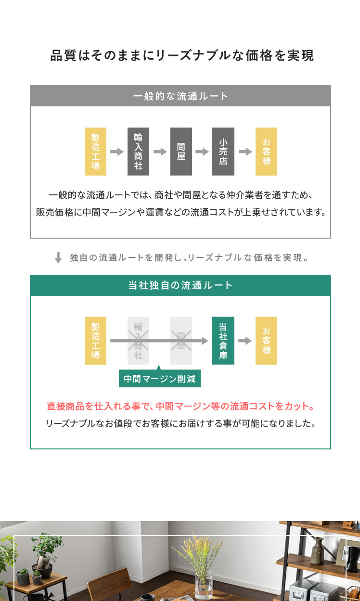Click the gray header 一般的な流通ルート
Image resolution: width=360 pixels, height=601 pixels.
(x=180, y=96)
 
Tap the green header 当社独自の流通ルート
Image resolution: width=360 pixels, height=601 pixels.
(x=180, y=285)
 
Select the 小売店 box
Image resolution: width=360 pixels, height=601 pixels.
(x=223, y=152)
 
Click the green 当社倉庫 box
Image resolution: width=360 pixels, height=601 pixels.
(x=223, y=341)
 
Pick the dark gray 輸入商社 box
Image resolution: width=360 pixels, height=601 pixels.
(x=138, y=152)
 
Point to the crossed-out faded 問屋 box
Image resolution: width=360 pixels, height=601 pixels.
(x=181, y=341)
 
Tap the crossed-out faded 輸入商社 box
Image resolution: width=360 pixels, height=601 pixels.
(x=138, y=341)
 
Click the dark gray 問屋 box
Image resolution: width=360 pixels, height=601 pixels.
(x=181, y=152)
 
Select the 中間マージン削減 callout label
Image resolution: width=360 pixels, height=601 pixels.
(x=160, y=379)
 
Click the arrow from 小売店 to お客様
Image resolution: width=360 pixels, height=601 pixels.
(x=245, y=152)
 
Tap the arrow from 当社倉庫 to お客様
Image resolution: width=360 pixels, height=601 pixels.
(x=245, y=341)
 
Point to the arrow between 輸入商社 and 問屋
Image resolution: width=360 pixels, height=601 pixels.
(x=160, y=152)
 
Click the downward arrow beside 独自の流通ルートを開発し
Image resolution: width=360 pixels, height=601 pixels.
(x=58, y=258)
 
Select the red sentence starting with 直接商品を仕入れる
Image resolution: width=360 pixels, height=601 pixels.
(x=180, y=406)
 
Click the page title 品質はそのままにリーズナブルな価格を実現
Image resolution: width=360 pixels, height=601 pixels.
(x=182, y=55)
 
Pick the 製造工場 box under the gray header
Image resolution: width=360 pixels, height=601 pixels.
(x=96, y=152)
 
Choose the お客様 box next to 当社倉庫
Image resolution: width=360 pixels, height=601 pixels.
(x=266, y=341)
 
